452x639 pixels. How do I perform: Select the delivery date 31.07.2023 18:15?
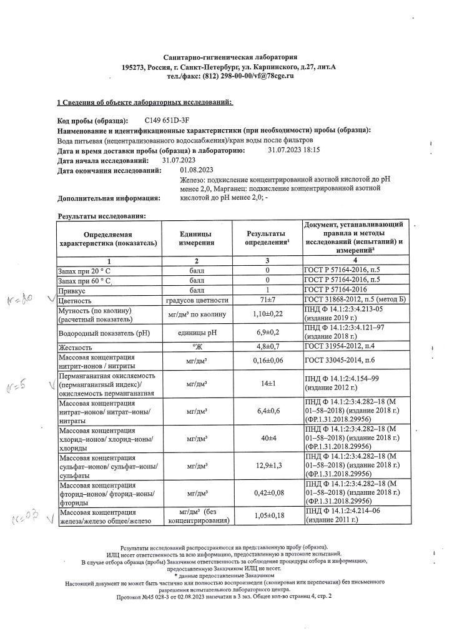pyautogui.click(x=293, y=150)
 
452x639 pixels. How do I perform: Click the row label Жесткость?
pyautogui.click(x=76, y=347)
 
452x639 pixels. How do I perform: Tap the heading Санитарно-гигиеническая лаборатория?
pyautogui.click(x=226, y=57)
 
